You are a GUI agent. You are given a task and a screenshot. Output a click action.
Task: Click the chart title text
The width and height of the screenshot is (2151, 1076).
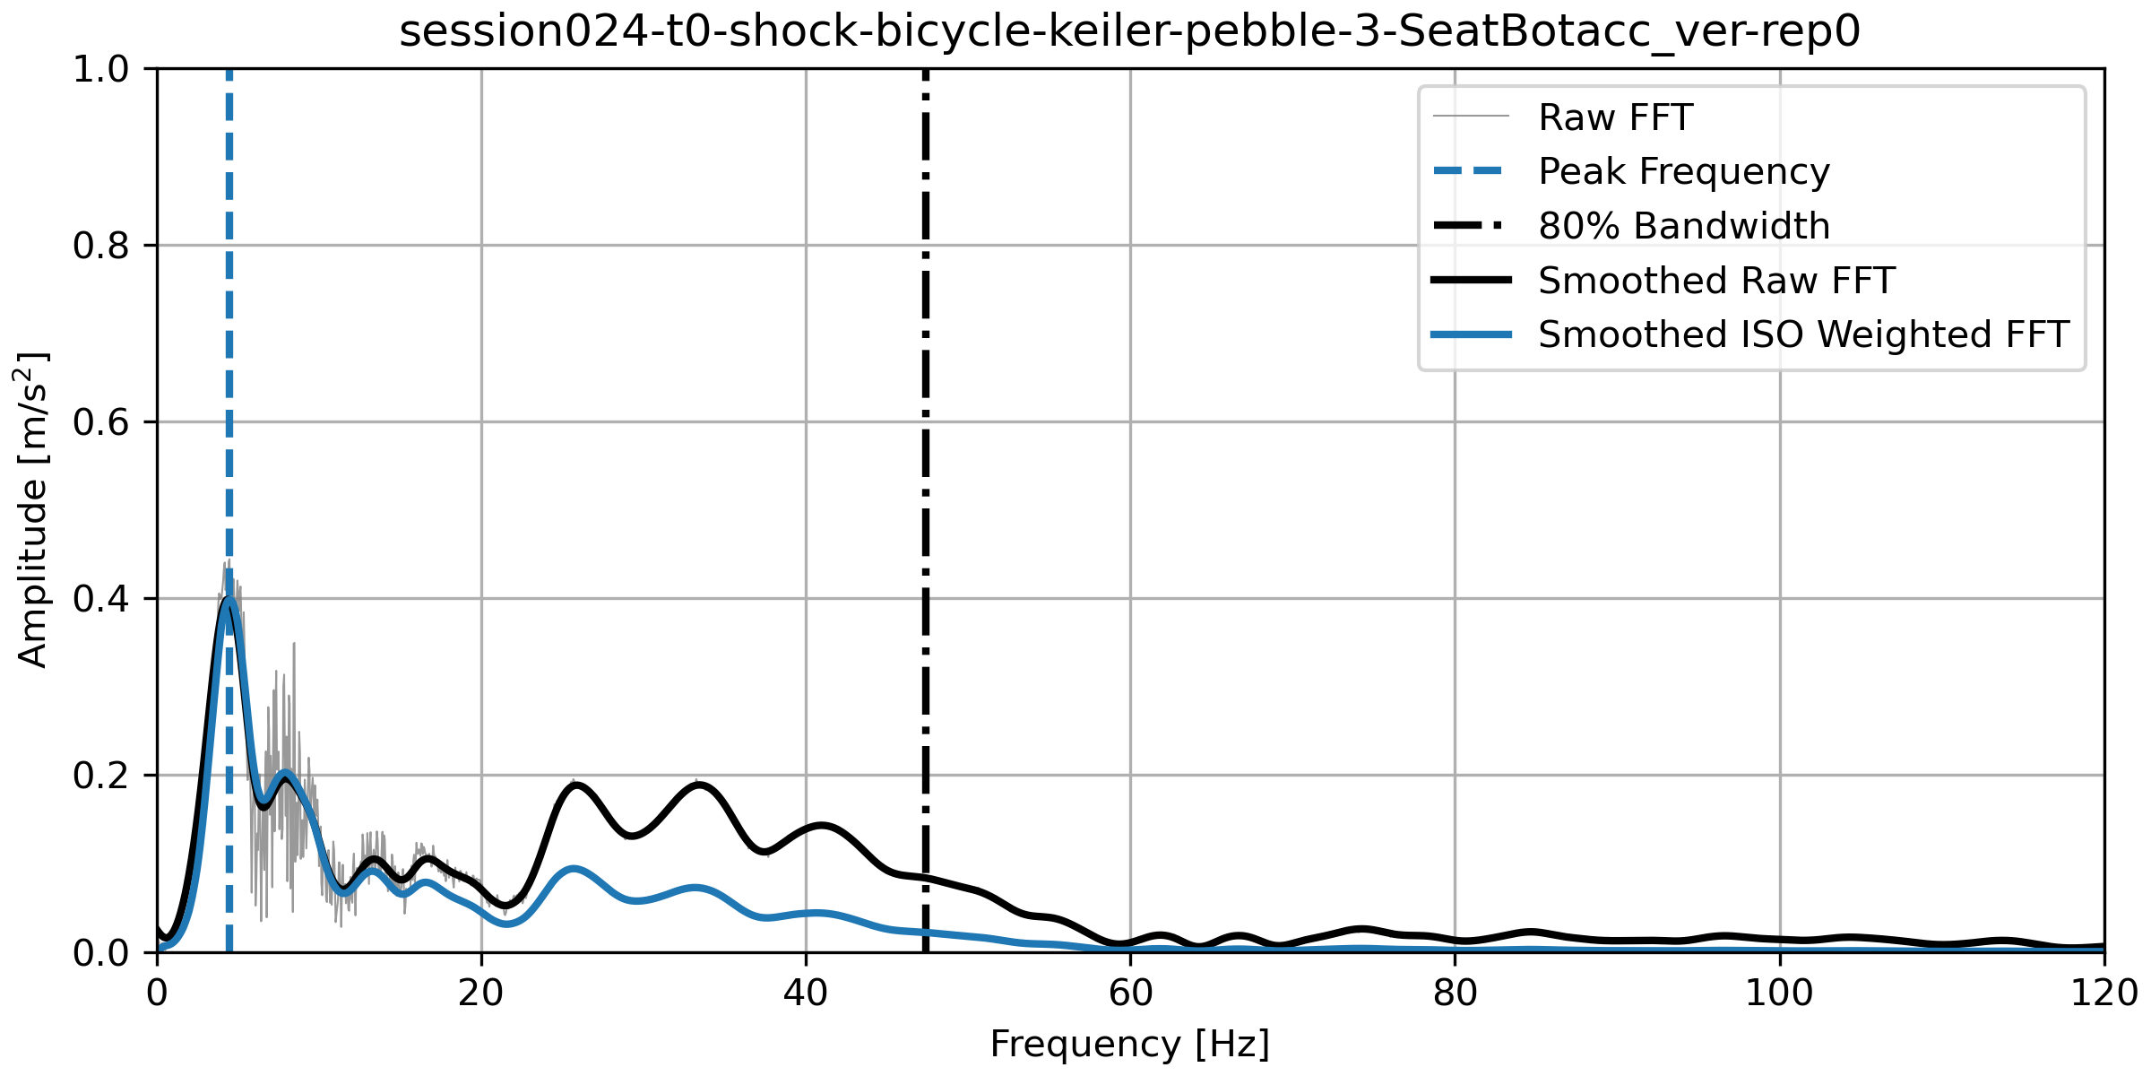pos(1129,32)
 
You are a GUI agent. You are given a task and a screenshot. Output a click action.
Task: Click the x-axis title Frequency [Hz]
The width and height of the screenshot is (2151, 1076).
pos(1129,1045)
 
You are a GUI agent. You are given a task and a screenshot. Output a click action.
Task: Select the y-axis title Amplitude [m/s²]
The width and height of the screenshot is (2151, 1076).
pos(32,509)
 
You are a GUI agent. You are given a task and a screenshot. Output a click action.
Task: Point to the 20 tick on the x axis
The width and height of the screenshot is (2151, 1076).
pos(481,994)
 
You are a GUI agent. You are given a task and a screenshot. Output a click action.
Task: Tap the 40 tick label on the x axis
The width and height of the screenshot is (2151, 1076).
pos(806,994)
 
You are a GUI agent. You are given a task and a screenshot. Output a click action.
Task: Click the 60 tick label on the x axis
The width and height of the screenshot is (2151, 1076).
pos(1130,994)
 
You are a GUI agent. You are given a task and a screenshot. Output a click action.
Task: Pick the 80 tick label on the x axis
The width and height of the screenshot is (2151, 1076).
pos(1455,994)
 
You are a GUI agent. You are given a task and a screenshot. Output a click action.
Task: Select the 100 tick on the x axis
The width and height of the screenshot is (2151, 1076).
pos(1779,994)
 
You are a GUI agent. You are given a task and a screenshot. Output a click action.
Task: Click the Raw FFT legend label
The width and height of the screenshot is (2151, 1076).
pos(1615,117)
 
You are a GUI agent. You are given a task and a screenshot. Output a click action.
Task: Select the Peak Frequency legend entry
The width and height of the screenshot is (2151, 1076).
pos(1683,171)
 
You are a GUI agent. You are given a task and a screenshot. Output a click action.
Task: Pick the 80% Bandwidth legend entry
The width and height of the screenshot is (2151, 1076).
pos(1683,226)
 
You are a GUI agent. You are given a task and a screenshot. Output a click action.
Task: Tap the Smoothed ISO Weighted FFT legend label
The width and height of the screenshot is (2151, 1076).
pos(1803,334)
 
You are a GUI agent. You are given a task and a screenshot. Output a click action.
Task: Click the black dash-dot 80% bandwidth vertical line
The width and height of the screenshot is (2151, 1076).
pos(925,448)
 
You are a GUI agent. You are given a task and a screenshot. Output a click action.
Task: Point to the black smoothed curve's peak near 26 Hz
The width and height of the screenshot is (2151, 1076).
pos(577,786)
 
